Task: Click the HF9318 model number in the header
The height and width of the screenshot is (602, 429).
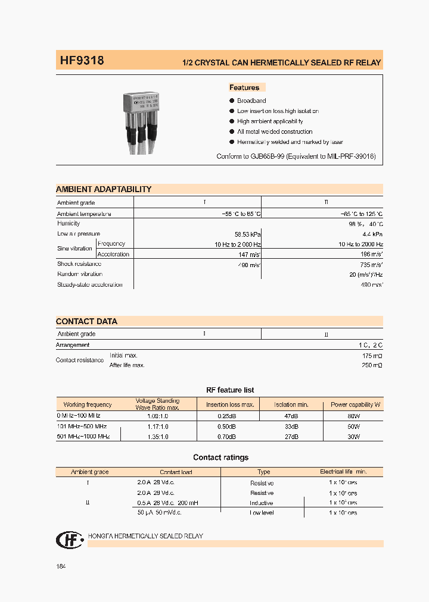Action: click(82, 61)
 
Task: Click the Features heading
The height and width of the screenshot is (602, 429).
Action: click(244, 87)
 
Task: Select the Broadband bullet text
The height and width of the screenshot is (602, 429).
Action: click(251, 101)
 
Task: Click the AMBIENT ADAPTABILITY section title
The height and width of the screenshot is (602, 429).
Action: click(104, 189)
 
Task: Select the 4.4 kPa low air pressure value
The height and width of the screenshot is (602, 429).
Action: click(372, 234)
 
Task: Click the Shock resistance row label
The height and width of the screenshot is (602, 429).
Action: click(79, 264)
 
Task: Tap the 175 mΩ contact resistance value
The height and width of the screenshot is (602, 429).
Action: click(372, 355)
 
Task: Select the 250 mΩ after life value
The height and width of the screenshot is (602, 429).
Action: click(372, 365)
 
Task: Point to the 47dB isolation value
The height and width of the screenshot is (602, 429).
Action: click(291, 415)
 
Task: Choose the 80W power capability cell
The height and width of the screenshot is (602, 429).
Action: click(354, 415)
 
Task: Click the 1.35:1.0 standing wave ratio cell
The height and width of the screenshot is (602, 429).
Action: click(157, 437)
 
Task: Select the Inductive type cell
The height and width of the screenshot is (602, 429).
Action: click(262, 503)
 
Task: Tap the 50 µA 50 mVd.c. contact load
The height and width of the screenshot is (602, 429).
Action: click(160, 513)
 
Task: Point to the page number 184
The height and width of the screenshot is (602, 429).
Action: click(61, 566)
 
